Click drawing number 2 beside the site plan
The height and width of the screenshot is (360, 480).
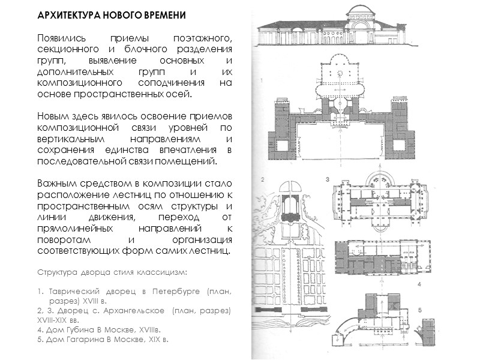(x=262, y=179)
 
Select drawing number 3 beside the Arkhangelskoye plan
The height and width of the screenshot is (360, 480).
(x=328, y=179)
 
